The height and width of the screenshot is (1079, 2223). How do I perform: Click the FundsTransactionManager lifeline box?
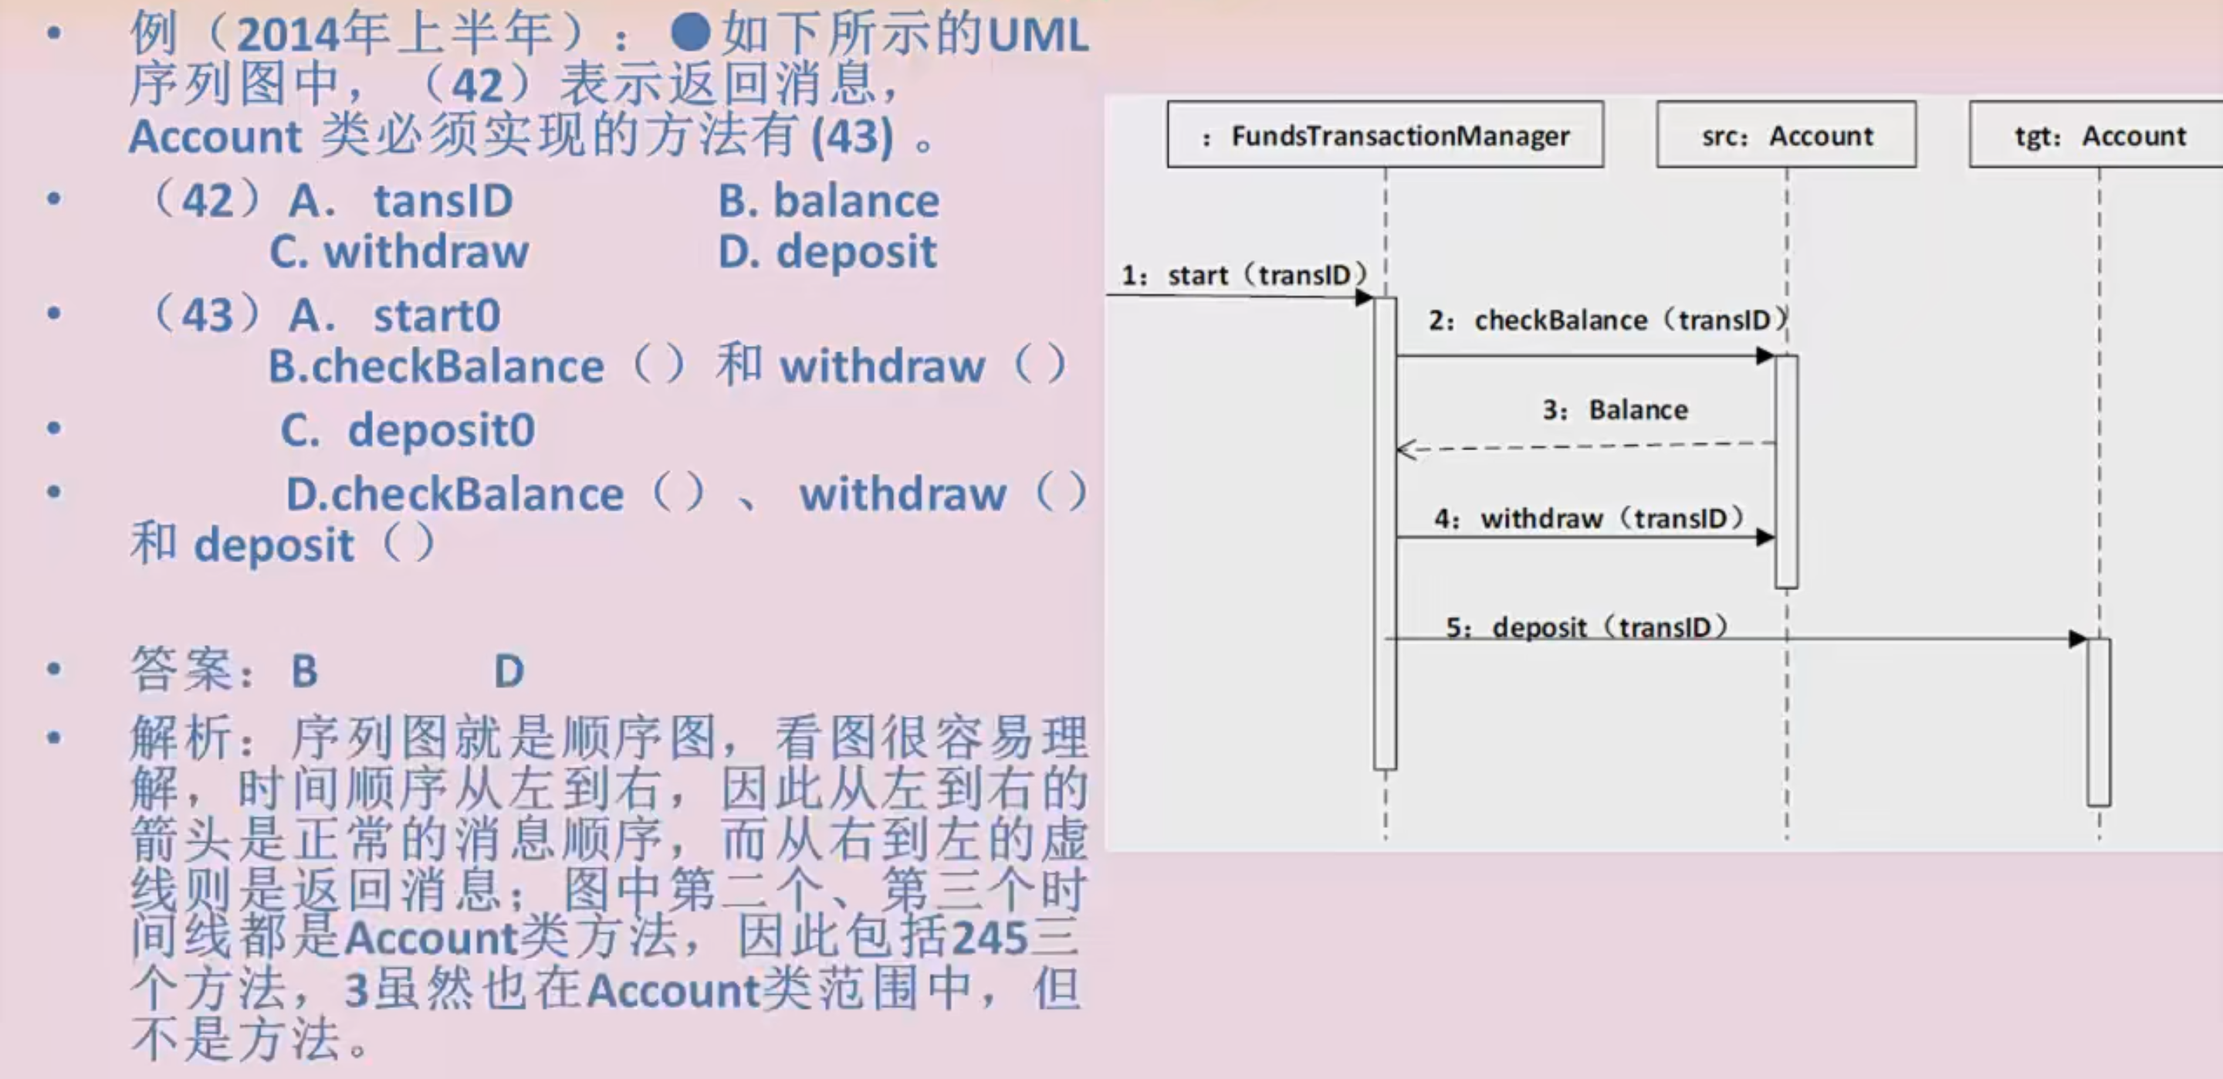point(1385,134)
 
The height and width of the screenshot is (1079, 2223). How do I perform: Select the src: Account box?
point(1786,134)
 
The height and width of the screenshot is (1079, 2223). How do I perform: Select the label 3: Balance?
point(1615,409)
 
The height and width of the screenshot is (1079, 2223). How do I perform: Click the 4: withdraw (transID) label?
point(1589,518)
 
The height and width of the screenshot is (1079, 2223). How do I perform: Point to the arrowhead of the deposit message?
point(2077,639)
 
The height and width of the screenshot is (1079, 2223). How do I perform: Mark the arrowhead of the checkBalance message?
point(1765,355)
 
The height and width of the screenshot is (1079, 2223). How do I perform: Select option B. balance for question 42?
point(828,201)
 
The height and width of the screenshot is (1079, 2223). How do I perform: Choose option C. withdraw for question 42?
point(399,252)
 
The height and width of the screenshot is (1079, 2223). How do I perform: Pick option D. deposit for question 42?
point(827,252)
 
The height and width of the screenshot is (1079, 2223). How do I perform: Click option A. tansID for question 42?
point(401,201)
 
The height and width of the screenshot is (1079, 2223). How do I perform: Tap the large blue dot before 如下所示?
point(690,32)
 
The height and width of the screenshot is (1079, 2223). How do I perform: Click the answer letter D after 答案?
point(509,670)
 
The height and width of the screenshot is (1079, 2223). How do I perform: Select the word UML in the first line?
point(1037,36)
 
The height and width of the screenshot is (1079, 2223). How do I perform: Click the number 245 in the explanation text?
point(990,938)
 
